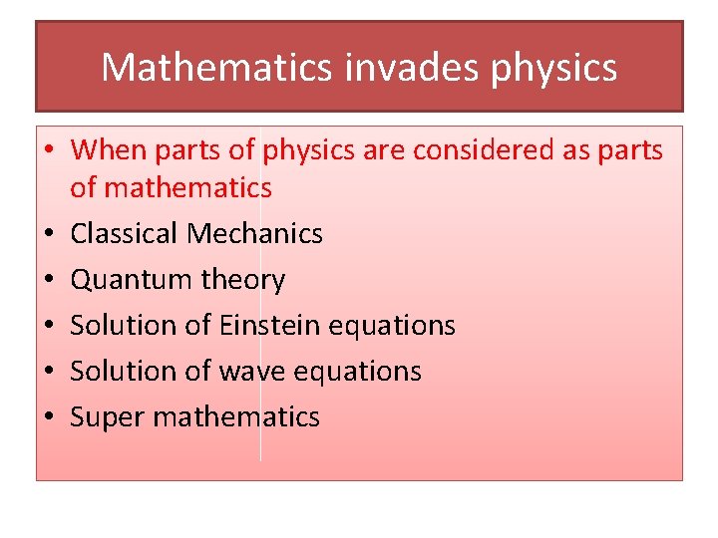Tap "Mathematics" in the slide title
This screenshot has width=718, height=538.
[216, 68]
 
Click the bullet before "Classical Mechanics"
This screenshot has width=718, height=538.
[47, 235]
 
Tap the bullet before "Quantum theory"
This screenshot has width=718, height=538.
[47, 281]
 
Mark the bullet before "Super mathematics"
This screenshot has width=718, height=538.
[47, 417]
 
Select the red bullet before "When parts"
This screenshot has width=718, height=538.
[47, 151]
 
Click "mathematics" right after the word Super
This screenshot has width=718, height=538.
[235, 416]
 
